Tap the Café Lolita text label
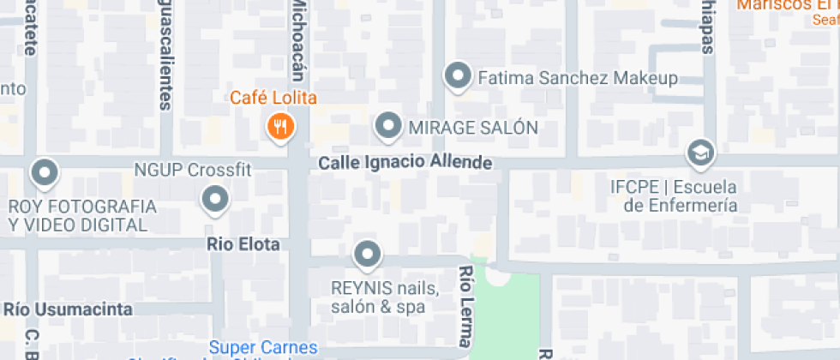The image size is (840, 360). click(x=273, y=98)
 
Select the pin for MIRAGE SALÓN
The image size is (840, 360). click(x=389, y=127)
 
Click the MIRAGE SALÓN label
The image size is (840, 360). click(x=472, y=128)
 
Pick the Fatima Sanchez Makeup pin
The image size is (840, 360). click(x=459, y=77)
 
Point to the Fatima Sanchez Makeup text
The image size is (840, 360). click(x=577, y=78)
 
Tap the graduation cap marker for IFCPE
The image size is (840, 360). click(x=701, y=153)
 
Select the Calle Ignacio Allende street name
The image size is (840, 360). click(x=405, y=162)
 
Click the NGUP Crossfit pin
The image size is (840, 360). click(x=214, y=201)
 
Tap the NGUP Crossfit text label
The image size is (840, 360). click(x=193, y=170)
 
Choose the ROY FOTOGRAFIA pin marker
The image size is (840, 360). click(x=43, y=173)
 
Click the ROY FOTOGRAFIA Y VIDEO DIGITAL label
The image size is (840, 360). click(x=82, y=216)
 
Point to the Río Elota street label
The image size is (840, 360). click(x=243, y=244)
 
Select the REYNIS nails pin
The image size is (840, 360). click(x=368, y=255)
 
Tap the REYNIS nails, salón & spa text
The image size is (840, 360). click(x=385, y=297)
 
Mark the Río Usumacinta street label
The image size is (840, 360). click(x=69, y=309)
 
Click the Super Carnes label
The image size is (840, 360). click(x=264, y=348)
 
